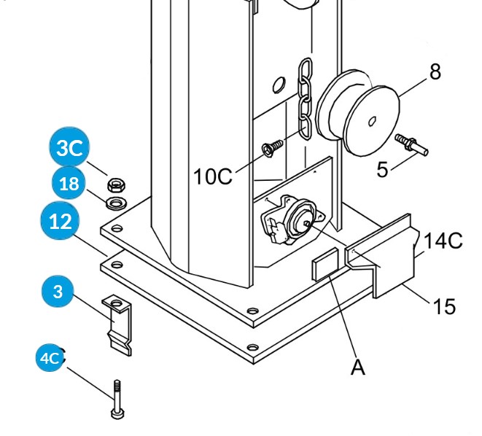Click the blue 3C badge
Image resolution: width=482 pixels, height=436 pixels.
(69, 149)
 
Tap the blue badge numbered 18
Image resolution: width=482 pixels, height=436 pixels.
(69, 184)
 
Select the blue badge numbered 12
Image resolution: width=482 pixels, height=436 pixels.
(61, 221)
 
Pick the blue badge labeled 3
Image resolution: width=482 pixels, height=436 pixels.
(58, 292)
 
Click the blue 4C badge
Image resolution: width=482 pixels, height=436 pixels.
(50, 358)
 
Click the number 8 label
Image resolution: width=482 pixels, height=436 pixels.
(435, 72)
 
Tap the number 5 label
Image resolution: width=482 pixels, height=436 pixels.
(383, 170)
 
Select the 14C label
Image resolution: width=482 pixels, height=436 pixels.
(443, 241)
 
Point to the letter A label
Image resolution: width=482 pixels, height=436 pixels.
(357, 367)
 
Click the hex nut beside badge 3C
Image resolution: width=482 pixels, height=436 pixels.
(114, 183)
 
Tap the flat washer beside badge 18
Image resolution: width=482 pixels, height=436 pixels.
(115, 200)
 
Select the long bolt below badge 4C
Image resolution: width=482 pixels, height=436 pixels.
(116, 399)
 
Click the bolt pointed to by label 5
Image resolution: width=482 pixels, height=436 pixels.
(411, 144)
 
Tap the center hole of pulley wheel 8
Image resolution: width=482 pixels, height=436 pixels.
(370, 121)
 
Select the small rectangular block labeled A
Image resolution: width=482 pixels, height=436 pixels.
(325, 264)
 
